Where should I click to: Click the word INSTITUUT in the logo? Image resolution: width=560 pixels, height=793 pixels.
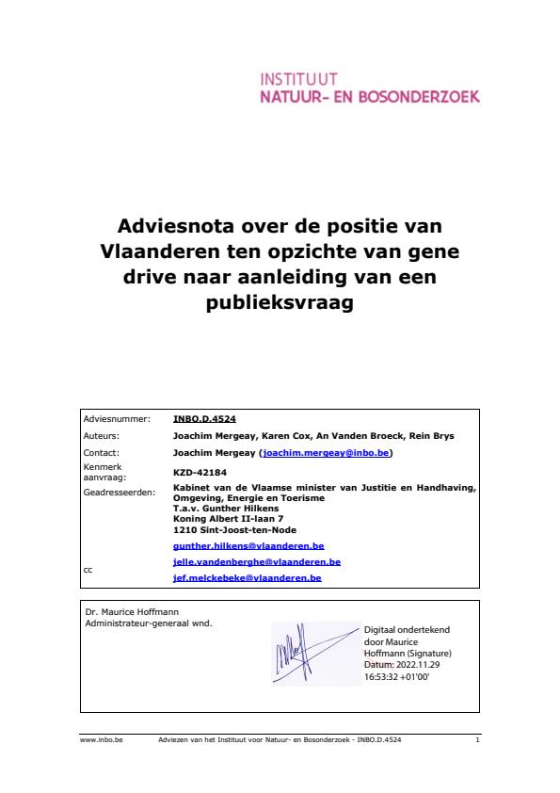(x=298, y=78)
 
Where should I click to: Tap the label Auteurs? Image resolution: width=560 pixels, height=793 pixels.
(x=103, y=437)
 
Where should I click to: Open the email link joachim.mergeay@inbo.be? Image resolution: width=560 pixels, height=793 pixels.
(x=327, y=453)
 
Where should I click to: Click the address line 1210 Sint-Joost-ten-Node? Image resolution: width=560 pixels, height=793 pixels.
(x=229, y=528)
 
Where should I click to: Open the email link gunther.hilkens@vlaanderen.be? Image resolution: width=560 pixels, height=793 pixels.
(x=248, y=545)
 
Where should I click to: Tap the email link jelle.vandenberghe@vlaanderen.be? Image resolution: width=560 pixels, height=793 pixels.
(x=257, y=561)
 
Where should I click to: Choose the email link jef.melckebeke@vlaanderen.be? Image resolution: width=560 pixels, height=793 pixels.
(x=248, y=577)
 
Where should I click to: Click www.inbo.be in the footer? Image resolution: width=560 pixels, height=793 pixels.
(x=96, y=741)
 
